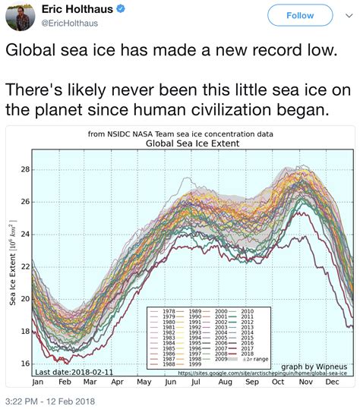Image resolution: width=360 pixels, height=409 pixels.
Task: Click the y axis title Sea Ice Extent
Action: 13,266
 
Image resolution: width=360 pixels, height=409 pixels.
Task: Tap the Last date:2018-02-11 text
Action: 68,372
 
